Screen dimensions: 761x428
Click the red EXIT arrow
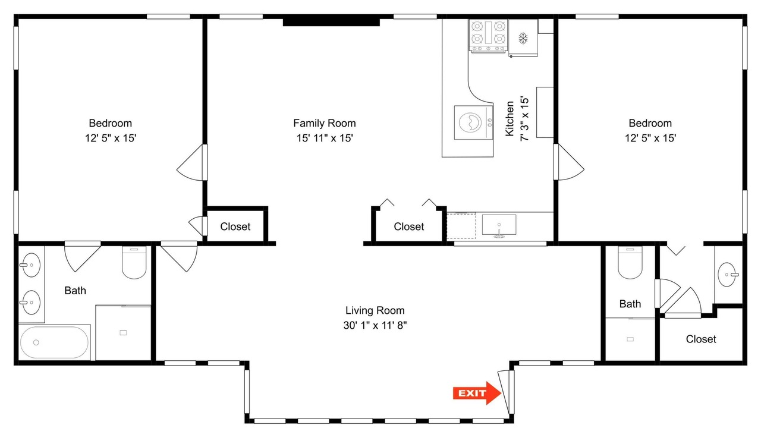477,393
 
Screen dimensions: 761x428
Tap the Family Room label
325,123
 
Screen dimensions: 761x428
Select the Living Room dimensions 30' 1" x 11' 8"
375,325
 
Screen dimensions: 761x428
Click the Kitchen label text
510,118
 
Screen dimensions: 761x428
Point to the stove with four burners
488,36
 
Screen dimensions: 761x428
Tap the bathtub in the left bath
54,342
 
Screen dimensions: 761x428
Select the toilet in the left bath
134,263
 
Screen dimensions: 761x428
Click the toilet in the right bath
630,263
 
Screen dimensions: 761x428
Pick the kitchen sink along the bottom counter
499,225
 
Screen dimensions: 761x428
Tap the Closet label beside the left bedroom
235,226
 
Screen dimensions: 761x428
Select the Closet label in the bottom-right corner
701,339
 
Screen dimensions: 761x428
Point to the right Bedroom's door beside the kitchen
569,162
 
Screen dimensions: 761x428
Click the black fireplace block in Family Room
331,22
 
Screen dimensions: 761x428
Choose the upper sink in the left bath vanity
31,265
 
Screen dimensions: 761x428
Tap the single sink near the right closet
728,275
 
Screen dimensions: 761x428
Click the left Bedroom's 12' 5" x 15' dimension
111,139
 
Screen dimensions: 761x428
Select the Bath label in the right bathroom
630,304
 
